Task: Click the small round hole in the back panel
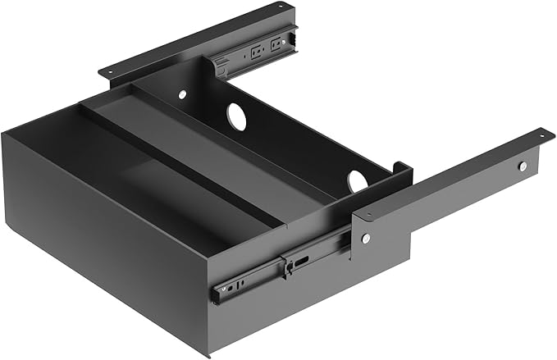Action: point(182,94)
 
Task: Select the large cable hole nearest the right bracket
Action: point(358,180)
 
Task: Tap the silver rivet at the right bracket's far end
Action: point(523,166)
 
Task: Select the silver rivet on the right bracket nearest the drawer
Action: point(366,238)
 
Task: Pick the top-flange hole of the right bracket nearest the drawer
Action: point(370,216)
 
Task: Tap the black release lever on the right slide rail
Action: point(286,265)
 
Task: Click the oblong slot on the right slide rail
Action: point(302,262)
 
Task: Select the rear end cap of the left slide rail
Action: point(290,37)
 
